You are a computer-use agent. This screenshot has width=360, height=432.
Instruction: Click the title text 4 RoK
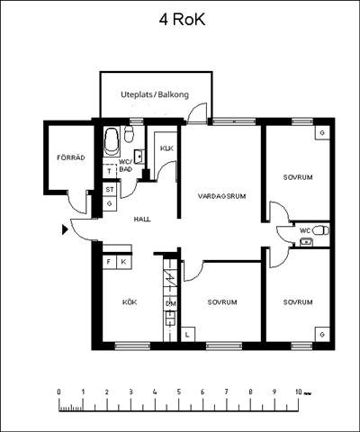coord(182,20)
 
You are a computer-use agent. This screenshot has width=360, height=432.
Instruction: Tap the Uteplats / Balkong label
coord(155,94)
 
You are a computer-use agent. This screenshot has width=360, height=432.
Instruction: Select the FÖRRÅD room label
coord(71,157)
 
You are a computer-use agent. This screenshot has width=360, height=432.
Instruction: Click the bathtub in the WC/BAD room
coord(112,141)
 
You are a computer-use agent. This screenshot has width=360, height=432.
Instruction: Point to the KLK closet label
coord(166,148)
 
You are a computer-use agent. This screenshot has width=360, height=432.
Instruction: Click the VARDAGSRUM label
coord(221,196)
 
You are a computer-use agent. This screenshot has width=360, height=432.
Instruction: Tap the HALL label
coord(142,220)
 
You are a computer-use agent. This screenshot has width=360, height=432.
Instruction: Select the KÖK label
coord(130,302)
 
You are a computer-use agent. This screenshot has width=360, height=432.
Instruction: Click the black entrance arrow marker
coord(65,229)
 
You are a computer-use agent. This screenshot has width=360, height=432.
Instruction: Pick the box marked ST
coord(110,190)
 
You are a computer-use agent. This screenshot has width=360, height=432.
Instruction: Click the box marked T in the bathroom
coord(110,172)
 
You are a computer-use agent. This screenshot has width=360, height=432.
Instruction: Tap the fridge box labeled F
coord(109,262)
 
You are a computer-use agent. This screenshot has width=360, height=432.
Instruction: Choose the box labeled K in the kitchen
coord(123,262)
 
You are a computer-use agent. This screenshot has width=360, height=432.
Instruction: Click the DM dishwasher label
coord(171,304)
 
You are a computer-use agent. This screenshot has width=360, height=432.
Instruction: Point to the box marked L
coord(188,334)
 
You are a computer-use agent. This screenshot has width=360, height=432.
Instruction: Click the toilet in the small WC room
coord(320,230)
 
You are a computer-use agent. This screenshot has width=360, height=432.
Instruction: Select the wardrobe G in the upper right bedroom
coord(322,132)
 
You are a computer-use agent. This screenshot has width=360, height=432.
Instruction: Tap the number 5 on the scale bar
coord(179,391)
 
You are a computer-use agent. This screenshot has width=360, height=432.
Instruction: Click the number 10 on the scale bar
coord(298,391)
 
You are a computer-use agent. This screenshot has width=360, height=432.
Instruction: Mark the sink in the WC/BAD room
coord(139,157)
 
